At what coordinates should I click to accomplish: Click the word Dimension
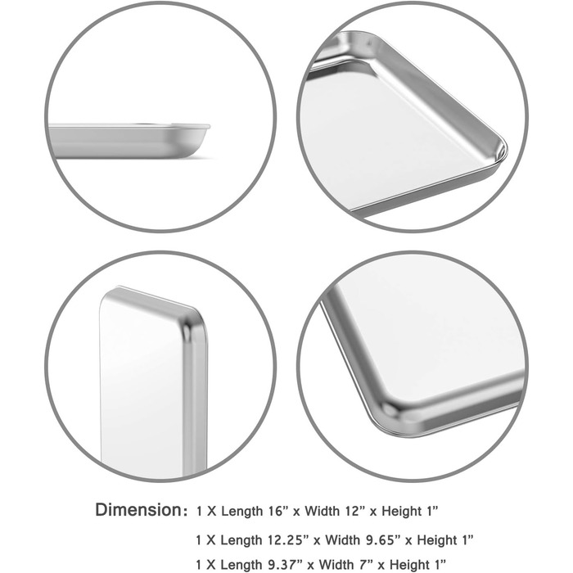tap(138, 510)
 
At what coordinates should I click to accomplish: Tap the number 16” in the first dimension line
tap(277, 511)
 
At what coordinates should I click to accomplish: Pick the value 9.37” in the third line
tap(283, 565)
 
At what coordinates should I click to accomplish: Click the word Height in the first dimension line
tap(401, 511)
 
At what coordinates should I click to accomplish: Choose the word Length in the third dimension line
tap(241, 565)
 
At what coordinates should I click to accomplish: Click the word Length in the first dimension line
tap(242, 511)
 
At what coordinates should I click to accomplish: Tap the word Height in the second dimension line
tap(437, 540)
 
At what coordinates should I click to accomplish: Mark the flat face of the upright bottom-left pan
tap(142, 387)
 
